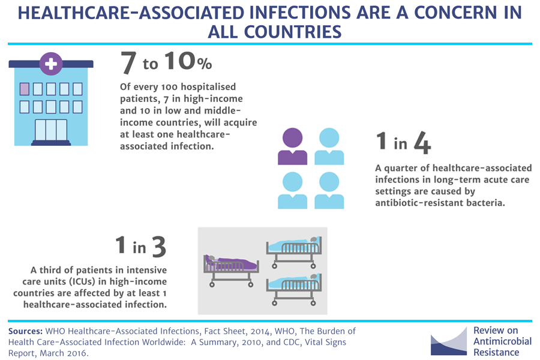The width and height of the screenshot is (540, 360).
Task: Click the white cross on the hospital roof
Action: click(51, 64)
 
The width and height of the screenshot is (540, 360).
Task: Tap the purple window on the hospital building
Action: click(25, 89)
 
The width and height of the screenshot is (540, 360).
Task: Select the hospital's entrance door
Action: click(51, 130)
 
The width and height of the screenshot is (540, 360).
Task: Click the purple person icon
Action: click(292, 146)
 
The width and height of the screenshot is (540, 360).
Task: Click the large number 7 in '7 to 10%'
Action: click(128, 62)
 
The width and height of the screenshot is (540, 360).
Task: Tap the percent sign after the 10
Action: click(205, 64)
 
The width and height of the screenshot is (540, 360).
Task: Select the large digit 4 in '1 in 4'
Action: click(422, 142)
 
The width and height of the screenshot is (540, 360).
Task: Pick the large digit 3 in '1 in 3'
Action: click(159, 247)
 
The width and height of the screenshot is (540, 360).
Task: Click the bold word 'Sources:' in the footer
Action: click(25, 331)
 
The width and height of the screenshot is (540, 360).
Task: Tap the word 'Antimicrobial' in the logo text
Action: click(502, 341)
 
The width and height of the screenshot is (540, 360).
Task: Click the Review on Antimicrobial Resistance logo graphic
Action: click(449, 341)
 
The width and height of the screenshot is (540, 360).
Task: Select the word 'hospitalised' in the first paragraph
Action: click(208, 87)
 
